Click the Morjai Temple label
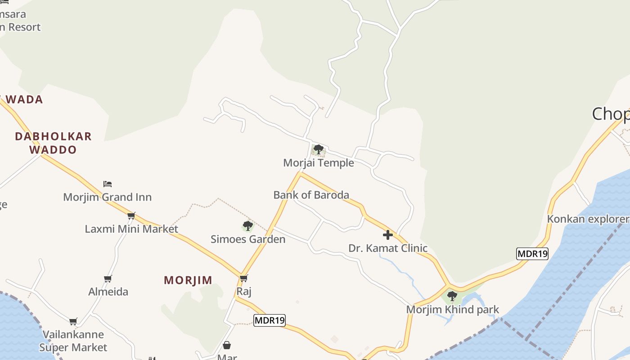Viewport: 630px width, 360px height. pos(319,163)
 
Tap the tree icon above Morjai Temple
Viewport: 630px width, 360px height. pos(319,149)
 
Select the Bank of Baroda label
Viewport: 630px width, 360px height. pos(311,195)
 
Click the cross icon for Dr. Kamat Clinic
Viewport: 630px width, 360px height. pos(388,235)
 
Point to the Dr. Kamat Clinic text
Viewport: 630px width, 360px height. pos(388,248)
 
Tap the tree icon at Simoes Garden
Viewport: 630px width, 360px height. pos(247,226)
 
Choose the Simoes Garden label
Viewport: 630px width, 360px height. pos(248,239)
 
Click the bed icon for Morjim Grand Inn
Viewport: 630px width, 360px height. pos(108,184)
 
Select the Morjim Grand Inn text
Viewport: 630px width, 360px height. pos(108,197)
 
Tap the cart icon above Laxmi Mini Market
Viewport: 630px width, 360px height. pos(131,216)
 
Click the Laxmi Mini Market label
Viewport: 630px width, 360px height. pos(131,229)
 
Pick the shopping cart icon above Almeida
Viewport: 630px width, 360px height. pos(108,279)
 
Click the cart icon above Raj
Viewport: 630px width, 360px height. pos(244,279)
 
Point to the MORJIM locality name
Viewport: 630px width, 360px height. pos(188,280)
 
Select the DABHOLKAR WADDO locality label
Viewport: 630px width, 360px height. pos(53,143)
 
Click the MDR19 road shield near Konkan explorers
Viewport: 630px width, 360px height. pos(532,254)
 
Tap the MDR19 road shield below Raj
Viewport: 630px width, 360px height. pos(270,320)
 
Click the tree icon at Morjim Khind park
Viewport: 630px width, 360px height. pos(452,296)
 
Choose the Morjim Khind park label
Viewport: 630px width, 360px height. pos(453,310)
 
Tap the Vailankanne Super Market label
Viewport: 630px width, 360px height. pos(73,341)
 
